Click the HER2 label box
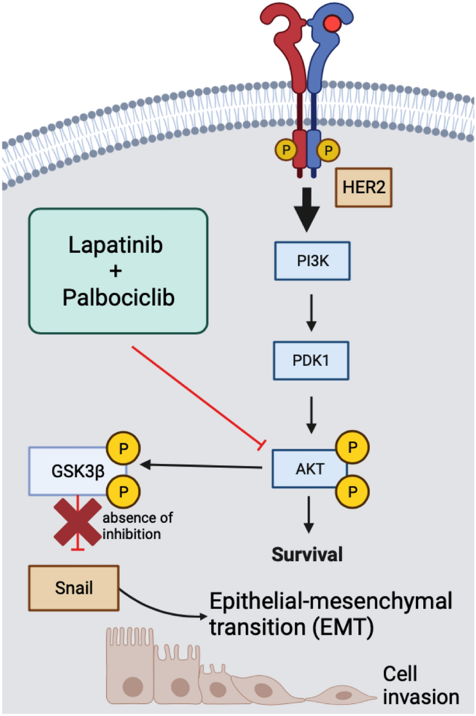(363, 187)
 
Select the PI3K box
(312, 261)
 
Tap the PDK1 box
(311, 360)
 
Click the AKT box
(309, 468)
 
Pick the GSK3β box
(78, 471)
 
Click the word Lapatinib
(116, 245)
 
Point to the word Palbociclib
(119, 297)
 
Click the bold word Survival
(307, 554)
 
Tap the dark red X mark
(78, 522)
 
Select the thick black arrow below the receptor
(307, 210)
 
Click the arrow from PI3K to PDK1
(311, 313)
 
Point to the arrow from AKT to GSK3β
(201, 467)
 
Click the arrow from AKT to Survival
(309, 515)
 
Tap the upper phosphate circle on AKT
(353, 447)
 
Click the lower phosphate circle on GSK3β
(123, 491)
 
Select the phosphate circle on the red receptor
(286, 150)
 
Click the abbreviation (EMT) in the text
(343, 628)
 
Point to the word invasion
(421, 697)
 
